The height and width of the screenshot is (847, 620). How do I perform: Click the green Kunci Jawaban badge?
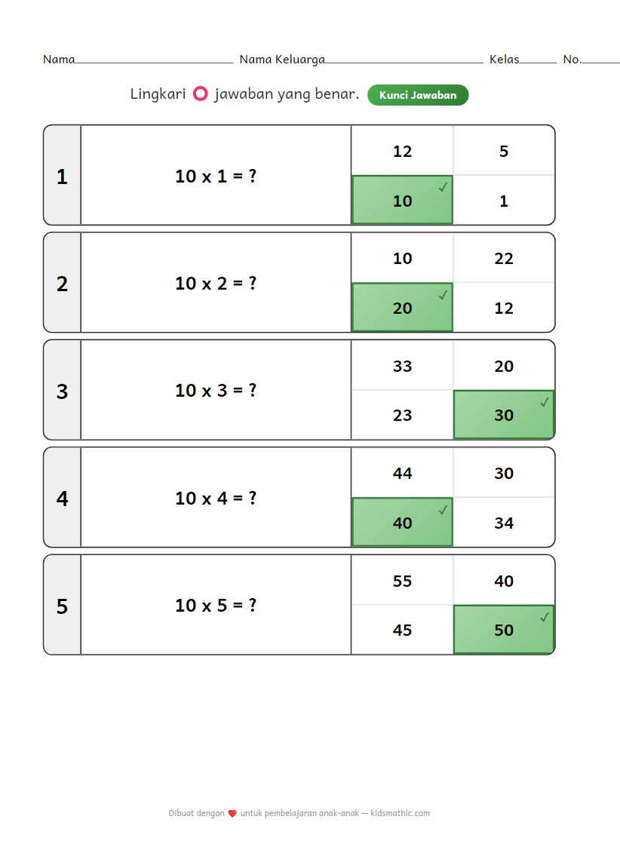pyautogui.click(x=418, y=95)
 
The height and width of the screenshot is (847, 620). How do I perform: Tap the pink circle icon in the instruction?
pyautogui.click(x=201, y=94)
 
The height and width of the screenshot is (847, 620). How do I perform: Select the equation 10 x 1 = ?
pyautogui.click(x=216, y=176)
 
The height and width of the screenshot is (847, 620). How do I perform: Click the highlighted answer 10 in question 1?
pyautogui.click(x=402, y=200)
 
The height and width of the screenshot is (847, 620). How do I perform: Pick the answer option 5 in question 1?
pyautogui.click(x=504, y=152)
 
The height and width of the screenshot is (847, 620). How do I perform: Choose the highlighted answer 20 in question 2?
pyautogui.click(x=402, y=308)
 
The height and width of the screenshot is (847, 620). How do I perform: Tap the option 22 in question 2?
pyautogui.click(x=504, y=259)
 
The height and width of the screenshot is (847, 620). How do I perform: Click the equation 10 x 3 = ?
pyautogui.click(x=216, y=391)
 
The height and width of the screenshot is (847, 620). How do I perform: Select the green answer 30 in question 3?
pyautogui.click(x=504, y=414)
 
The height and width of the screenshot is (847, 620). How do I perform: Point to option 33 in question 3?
pyautogui.click(x=402, y=367)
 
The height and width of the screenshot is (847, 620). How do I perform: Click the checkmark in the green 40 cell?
pyautogui.click(x=443, y=509)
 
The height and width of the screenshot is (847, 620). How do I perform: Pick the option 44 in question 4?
pyautogui.click(x=402, y=474)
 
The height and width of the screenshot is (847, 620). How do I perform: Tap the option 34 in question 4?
pyautogui.click(x=504, y=523)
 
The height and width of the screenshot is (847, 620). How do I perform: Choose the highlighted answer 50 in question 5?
pyautogui.click(x=504, y=629)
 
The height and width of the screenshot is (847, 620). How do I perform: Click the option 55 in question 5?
pyautogui.click(x=402, y=582)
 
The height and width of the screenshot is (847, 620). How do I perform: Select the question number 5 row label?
pyautogui.click(x=62, y=606)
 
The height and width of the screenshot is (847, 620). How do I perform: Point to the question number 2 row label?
pyautogui.click(x=62, y=284)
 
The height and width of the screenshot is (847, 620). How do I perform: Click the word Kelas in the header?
pyautogui.click(x=505, y=60)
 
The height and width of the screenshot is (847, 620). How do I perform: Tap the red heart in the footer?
pyautogui.click(x=232, y=814)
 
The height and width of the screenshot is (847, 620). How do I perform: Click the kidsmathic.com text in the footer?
pyautogui.click(x=401, y=813)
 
